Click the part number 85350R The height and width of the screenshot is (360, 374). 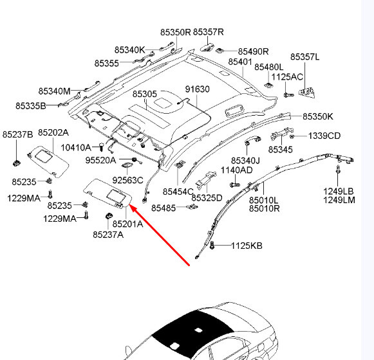point(176,32)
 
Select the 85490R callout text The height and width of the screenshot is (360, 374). point(253,51)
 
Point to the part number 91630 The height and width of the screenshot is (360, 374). point(198,89)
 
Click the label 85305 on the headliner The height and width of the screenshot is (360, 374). point(145,94)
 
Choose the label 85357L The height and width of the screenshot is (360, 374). point(304,57)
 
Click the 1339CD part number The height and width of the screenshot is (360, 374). point(324,136)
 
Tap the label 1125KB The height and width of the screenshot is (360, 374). point(247,246)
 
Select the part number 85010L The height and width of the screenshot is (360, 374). point(263,200)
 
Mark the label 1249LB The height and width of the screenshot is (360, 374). point(339,191)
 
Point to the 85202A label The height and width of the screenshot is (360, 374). point(53,132)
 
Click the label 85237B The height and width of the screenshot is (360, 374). point(17,134)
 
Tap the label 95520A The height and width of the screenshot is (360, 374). point(101,160)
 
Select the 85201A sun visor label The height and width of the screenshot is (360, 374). point(127,224)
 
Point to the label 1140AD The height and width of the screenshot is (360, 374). point(237,170)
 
